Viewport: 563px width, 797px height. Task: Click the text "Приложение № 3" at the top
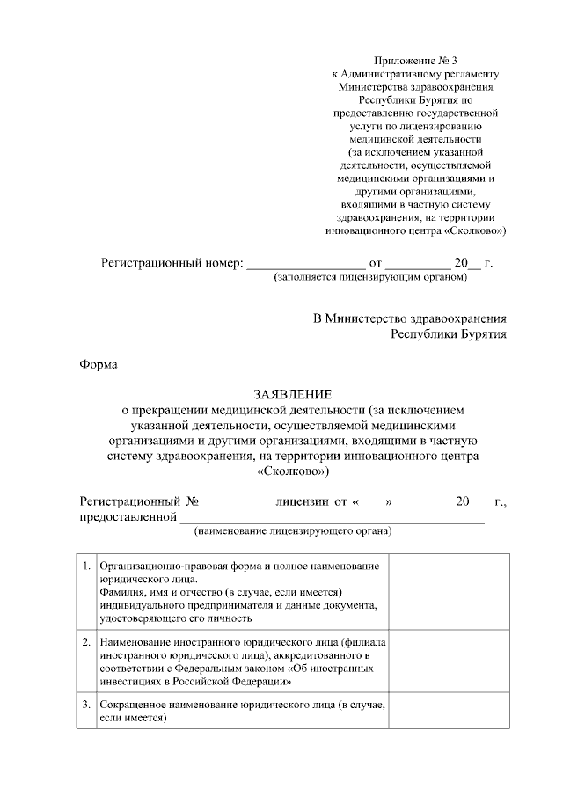(416, 60)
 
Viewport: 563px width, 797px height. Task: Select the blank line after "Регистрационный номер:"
(304, 263)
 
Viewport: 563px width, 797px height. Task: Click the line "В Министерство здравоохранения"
(410, 318)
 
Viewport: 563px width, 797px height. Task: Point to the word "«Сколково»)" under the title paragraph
(294, 471)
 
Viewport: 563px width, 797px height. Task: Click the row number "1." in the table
(86, 564)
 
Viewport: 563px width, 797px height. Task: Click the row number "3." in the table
(86, 706)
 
